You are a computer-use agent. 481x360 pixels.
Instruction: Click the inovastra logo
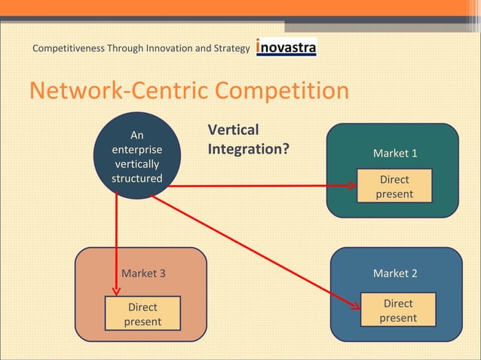pyautogui.click(x=286, y=47)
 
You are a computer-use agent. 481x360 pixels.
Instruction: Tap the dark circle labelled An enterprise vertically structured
pyautogui.click(x=136, y=156)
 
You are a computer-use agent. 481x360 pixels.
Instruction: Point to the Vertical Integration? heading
pyautogui.click(x=248, y=139)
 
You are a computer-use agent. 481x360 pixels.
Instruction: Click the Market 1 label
pyautogui.click(x=394, y=154)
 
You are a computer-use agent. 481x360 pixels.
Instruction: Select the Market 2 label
pyautogui.click(x=394, y=273)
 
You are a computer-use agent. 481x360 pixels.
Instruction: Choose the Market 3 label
pyautogui.click(x=143, y=273)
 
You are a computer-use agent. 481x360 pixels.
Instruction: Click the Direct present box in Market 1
pyautogui.click(x=394, y=187)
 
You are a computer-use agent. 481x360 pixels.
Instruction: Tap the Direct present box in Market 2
pyautogui.click(x=397, y=310)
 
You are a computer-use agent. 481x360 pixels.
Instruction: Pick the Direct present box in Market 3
pyautogui.click(x=142, y=314)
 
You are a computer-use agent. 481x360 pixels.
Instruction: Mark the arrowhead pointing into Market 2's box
pyautogui.click(x=354, y=305)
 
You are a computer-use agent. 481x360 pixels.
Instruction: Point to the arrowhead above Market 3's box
pyautogui.click(x=116, y=290)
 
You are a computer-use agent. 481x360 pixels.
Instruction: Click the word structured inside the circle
pyautogui.click(x=136, y=178)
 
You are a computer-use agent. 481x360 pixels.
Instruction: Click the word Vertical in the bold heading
pyautogui.click(x=233, y=130)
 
